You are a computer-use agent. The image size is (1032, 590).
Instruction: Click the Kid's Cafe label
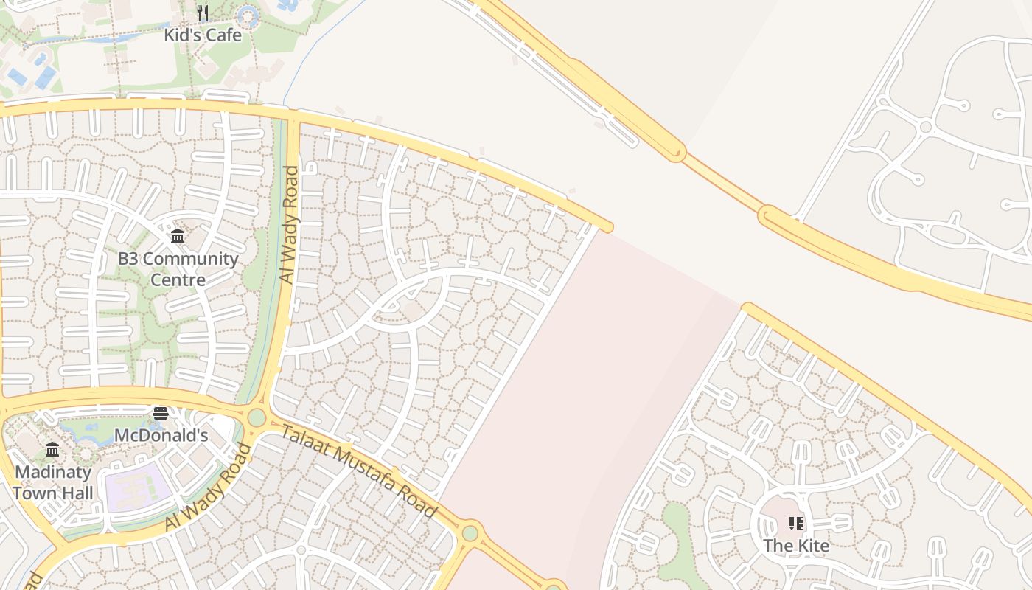(203, 34)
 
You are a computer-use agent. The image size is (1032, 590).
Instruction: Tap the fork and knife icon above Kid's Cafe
(203, 13)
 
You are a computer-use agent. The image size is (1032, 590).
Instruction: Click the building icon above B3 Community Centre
(178, 237)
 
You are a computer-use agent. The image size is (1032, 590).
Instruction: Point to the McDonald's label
(161, 435)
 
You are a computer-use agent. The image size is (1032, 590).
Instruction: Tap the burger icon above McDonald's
(161, 414)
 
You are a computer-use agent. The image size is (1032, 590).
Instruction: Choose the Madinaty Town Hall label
(52, 482)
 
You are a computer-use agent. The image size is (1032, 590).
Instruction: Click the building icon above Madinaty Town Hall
(52, 450)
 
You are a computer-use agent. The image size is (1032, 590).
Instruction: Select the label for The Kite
(796, 546)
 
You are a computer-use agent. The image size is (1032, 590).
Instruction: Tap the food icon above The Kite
(796, 524)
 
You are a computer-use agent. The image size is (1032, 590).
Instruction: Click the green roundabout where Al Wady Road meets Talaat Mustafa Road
(257, 417)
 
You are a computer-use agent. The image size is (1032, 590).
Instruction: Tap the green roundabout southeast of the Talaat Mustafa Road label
(470, 532)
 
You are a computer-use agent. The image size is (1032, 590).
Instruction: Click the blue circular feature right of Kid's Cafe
(248, 16)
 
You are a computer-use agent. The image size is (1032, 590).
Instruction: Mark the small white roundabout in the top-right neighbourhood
(926, 127)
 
